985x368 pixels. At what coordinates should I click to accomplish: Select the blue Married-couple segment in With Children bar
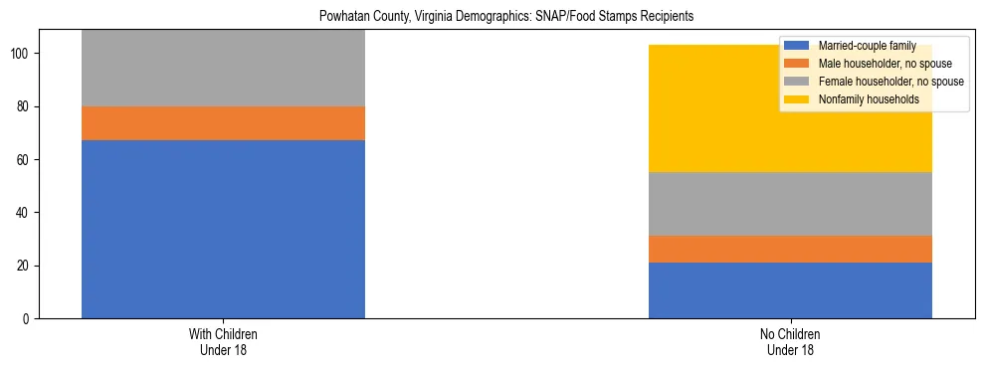(x=223, y=229)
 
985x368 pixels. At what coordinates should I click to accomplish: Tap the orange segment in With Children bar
(x=223, y=123)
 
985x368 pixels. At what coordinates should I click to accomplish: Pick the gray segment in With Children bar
(x=223, y=68)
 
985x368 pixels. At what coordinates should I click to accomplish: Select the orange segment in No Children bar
(x=790, y=249)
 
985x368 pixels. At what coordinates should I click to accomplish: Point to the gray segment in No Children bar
(x=790, y=204)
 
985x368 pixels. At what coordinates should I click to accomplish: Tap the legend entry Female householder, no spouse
(x=888, y=82)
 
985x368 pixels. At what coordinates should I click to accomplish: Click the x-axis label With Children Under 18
(x=223, y=342)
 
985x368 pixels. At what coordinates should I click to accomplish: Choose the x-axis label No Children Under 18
(x=790, y=342)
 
